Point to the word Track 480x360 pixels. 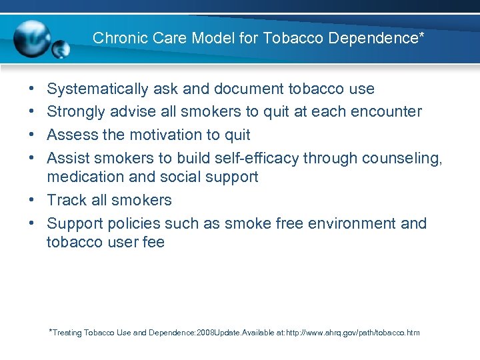coord(65,200)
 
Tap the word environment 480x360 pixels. coord(352,223)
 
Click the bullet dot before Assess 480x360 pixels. coord(33,135)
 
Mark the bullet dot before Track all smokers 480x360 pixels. coord(33,201)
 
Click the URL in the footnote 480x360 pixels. coord(353,332)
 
